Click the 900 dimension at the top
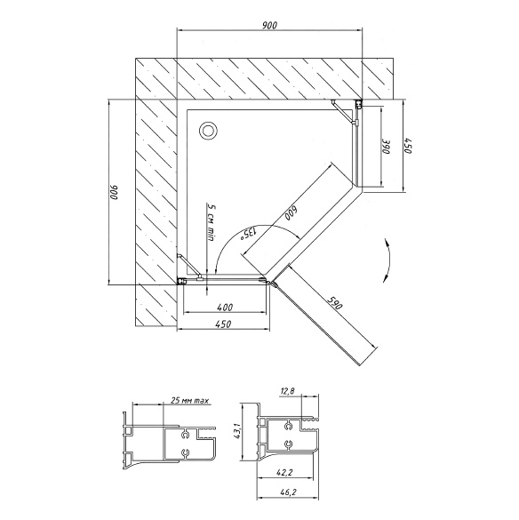[269, 25]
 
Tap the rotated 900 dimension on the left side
[115, 192]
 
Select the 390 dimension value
[387, 147]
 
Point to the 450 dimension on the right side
[408, 145]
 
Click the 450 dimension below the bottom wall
[223, 324]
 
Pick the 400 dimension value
[225, 308]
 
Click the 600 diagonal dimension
[291, 213]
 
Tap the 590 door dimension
[335, 302]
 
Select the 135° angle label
[248, 233]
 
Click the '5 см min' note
[211, 222]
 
